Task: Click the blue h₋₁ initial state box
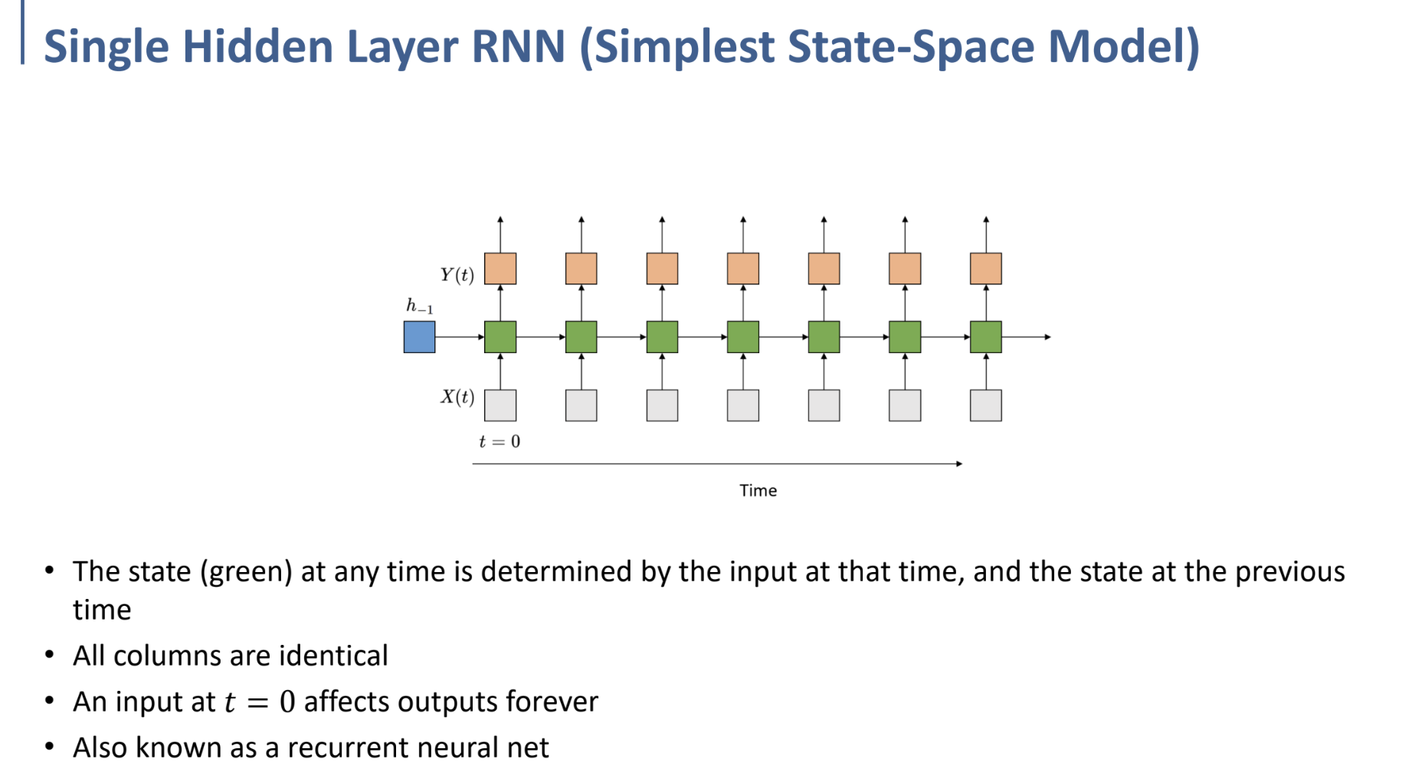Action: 419,337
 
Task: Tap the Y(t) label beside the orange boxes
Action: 457,274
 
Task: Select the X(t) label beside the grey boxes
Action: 457,397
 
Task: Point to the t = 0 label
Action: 499,442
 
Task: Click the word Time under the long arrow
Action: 758,491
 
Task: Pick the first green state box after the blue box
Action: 500,337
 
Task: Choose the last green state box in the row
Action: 985,337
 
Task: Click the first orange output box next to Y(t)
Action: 500,269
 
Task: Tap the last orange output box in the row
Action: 985,269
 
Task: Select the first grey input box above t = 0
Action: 500,405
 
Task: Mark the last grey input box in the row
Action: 985,405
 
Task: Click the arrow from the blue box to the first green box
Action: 460,337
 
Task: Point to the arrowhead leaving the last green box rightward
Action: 1047,337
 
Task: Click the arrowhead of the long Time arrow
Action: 958,464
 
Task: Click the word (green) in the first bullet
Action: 246,572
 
